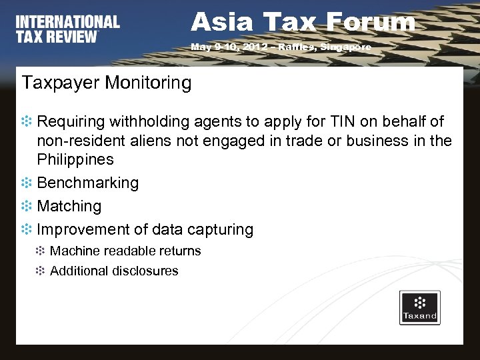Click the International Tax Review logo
(67, 29)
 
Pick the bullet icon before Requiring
(27, 123)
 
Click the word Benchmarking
(88, 183)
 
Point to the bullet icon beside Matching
(27, 207)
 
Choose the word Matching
(69, 207)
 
